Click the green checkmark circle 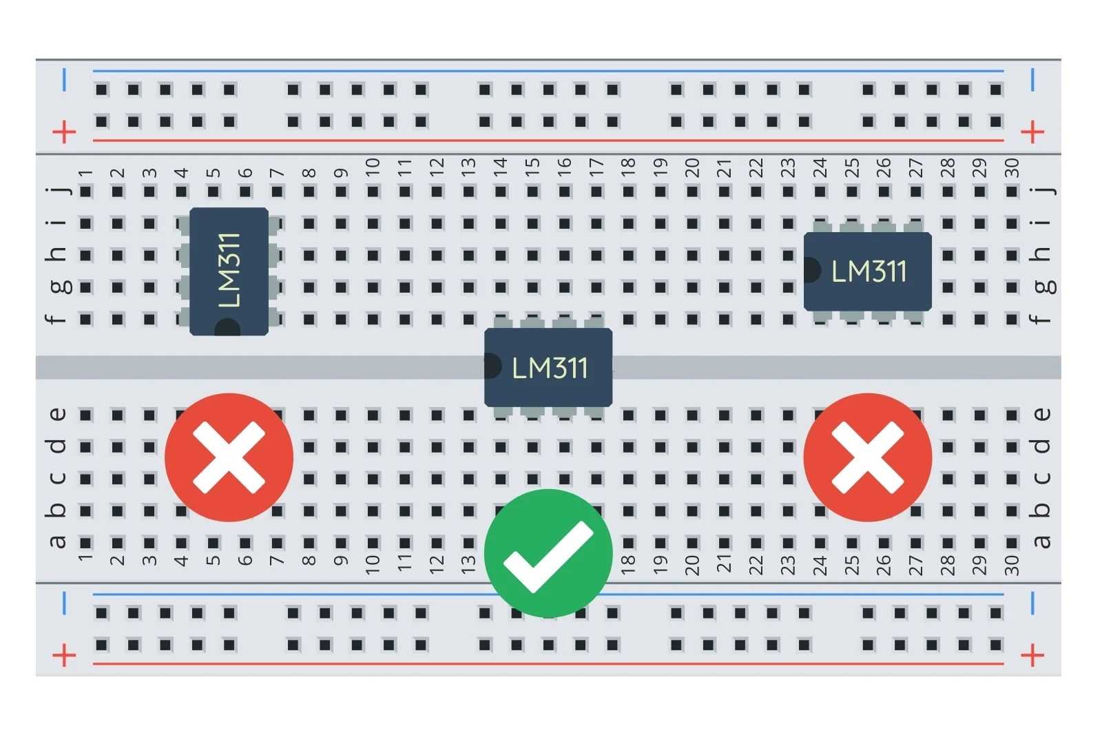[x=548, y=552]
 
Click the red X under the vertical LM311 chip [x=229, y=457]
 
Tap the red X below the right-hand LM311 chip [x=867, y=457]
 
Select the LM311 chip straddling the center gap [x=548, y=367]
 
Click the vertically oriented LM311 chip [x=229, y=271]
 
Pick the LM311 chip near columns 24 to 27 [x=867, y=271]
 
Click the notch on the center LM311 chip [x=492, y=366]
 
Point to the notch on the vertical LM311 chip [x=227, y=329]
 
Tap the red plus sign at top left [x=64, y=132]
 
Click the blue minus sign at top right [x=1032, y=80]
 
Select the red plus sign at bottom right [x=1032, y=655]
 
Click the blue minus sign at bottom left [x=64, y=603]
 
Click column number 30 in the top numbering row [x=1011, y=168]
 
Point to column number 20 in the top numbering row [x=692, y=168]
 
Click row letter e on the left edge [x=58, y=415]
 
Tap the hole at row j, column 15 [x=532, y=191]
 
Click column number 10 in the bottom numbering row [x=373, y=564]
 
